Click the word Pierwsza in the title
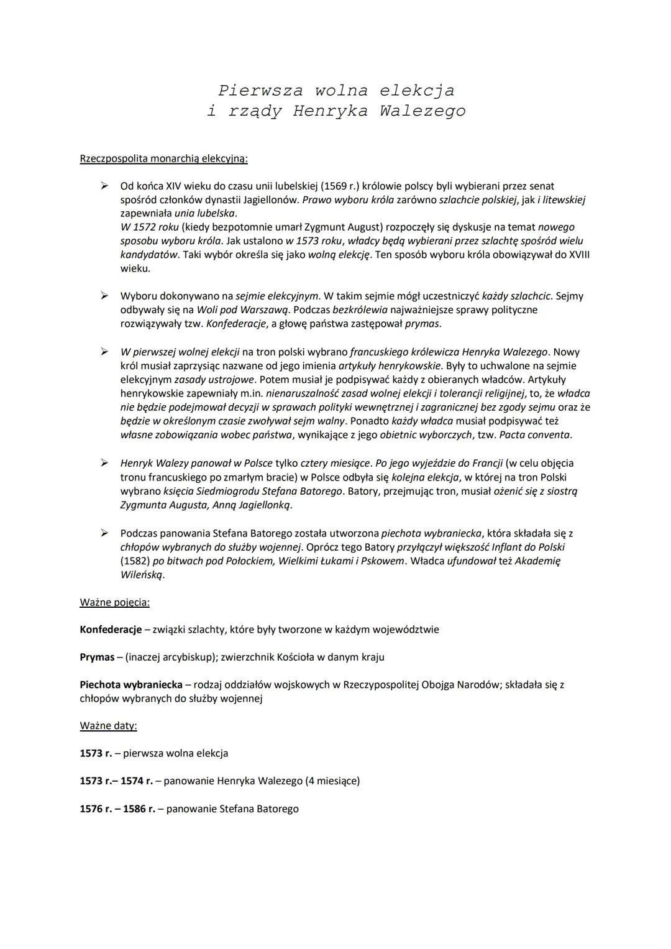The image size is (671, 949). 260,91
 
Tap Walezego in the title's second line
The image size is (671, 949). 422,112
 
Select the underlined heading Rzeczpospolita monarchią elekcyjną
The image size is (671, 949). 163,158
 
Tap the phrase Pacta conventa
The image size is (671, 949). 536,435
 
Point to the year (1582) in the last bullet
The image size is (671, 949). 135,561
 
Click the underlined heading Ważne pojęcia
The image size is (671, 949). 114,602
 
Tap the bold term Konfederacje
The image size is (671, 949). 111,630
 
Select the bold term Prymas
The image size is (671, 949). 97,657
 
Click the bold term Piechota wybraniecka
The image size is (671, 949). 131,684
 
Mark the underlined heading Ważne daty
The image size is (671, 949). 108,725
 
